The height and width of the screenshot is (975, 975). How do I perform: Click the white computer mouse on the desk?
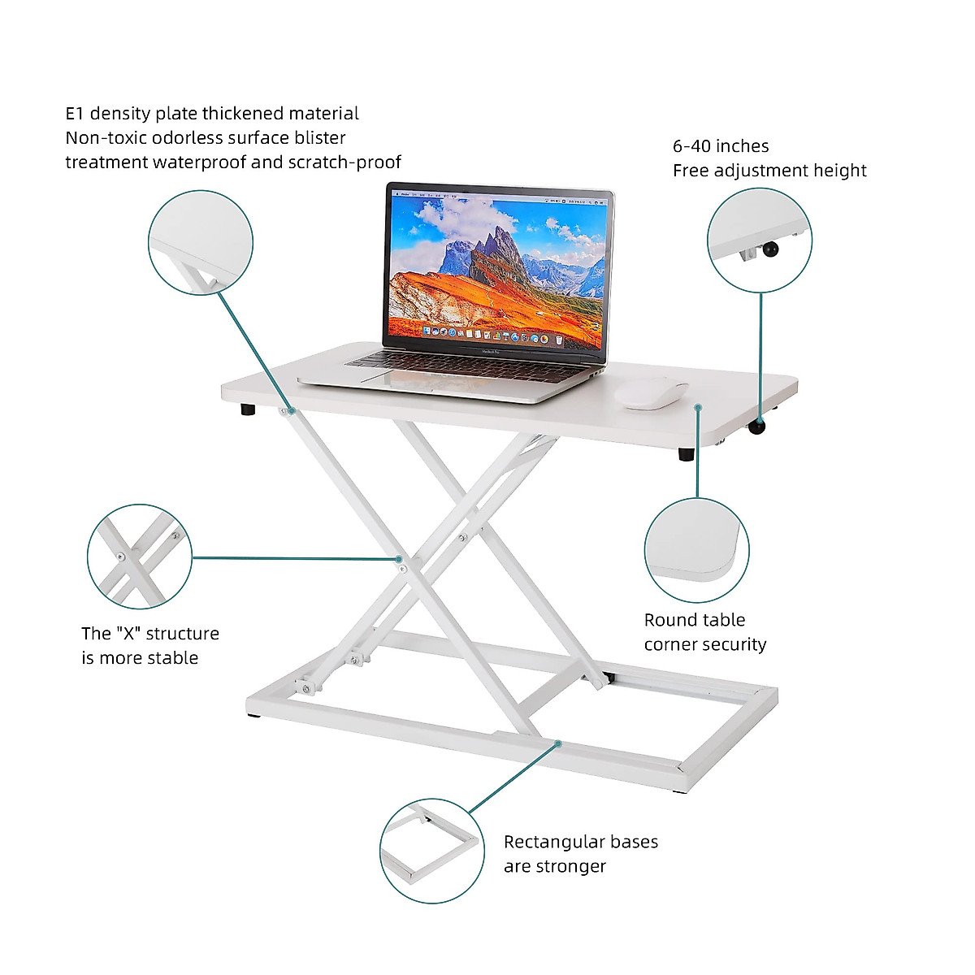[651, 393]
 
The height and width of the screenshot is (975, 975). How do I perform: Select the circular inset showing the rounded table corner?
[697, 551]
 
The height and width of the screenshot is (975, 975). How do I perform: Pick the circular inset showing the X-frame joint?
[140, 557]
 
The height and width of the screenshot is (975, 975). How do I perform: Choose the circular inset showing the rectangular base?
[432, 851]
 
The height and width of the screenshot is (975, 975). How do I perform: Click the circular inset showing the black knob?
[760, 240]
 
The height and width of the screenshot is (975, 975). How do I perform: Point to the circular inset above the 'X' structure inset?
[201, 242]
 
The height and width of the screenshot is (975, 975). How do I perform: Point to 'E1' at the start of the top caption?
[75, 114]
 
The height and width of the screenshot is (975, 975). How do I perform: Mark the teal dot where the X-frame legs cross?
[399, 558]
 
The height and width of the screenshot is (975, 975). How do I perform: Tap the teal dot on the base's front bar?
[558, 743]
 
